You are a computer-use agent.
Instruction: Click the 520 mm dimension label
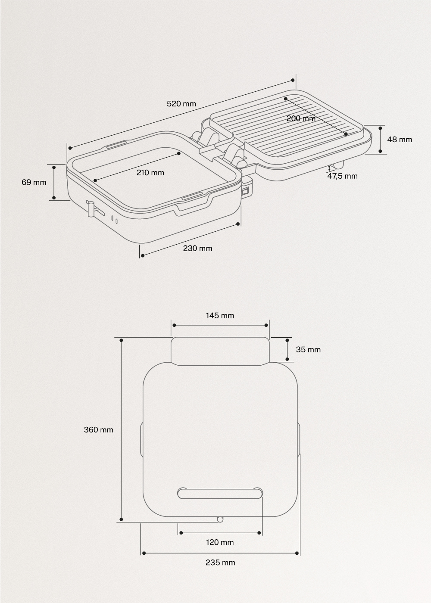tap(181, 103)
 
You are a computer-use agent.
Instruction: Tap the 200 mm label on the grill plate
tap(301, 118)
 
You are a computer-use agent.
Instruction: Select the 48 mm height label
tap(399, 139)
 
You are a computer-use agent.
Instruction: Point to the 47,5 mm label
tap(342, 176)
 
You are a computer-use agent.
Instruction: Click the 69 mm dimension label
tap(34, 182)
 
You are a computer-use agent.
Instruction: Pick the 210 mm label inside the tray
tap(150, 173)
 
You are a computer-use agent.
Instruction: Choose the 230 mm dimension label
tap(197, 248)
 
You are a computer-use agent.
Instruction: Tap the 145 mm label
tap(220, 315)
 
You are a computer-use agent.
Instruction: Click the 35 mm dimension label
tap(308, 349)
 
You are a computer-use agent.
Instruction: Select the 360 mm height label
tap(98, 429)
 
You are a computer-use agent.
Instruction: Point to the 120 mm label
tap(220, 542)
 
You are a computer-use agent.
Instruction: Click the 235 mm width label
tap(220, 563)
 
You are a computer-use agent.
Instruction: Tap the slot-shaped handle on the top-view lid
tap(220, 493)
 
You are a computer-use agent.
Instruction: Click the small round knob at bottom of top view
tap(220, 519)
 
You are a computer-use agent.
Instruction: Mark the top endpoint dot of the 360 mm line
tap(122, 340)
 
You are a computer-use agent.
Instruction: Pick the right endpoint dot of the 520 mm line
tap(293, 80)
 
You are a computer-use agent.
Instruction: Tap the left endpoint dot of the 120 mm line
tap(181, 533)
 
